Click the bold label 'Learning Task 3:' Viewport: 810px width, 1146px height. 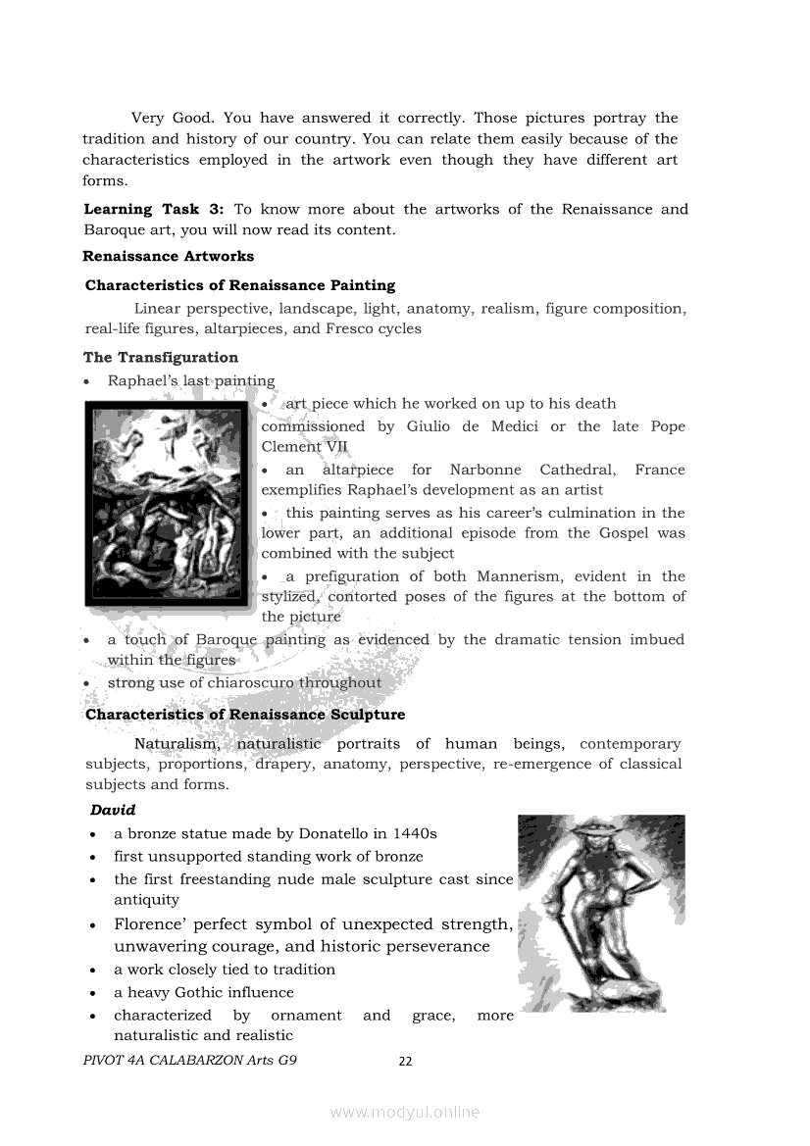[x=154, y=209]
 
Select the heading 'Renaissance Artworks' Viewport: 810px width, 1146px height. [x=168, y=256]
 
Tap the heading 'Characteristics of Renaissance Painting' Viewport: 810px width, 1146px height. [x=240, y=285]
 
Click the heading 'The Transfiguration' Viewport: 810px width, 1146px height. [x=161, y=357]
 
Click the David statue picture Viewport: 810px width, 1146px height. [x=600, y=913]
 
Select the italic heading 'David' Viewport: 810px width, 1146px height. [x=113, y=810]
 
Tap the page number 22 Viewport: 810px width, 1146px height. [x=405, y=1061]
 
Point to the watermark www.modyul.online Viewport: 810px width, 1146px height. [x=405, y=1112]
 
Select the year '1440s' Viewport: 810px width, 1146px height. [x=414, y=833]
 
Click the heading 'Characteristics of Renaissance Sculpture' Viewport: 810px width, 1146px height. [x=245, y=714]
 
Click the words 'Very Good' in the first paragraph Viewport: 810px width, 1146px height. [x=165, y=118]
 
